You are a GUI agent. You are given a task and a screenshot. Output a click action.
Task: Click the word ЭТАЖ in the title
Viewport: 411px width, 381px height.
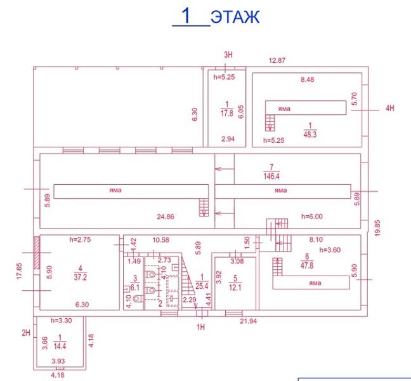(235, 17)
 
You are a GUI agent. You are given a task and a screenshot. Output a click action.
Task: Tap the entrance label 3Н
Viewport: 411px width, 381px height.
(228, 55)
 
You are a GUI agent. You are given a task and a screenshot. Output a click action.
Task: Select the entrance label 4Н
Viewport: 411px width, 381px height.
(390, 108)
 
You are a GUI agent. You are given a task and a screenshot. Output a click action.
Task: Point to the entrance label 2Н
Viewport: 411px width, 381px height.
(26, 333)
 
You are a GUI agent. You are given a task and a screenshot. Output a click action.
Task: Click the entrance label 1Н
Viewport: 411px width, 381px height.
(201, 327)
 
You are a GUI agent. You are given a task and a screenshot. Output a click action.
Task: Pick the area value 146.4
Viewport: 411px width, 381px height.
(271, 176)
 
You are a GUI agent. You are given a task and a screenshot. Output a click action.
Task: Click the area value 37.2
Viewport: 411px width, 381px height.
(80, 277)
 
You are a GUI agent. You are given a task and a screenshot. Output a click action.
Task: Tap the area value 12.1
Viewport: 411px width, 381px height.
(235, 287)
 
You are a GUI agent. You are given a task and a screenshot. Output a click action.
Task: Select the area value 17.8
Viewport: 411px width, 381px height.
(227, 113)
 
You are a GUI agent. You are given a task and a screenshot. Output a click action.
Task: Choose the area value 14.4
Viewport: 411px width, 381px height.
(60, 346)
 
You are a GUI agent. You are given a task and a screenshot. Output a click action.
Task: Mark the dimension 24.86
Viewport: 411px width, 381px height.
(166, 217)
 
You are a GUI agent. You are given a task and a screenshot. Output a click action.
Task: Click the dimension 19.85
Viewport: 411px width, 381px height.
(377, 228)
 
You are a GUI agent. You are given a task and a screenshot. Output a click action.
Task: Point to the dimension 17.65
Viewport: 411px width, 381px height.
(20, 271)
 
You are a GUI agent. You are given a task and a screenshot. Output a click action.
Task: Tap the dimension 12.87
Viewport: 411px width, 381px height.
(277, 60)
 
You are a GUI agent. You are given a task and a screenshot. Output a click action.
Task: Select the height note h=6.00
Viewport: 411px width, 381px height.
(312, 216)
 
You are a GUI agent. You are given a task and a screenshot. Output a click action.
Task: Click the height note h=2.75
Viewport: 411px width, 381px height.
(80, 239)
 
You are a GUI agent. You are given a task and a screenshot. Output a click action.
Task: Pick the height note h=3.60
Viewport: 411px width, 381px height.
(330, 250)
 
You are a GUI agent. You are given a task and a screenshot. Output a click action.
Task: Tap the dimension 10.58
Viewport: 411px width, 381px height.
(161, 240)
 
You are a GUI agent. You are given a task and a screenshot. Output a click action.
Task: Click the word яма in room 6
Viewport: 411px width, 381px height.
(315, 283)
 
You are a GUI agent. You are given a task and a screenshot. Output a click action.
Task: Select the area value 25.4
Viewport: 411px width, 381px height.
(202, 286)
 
